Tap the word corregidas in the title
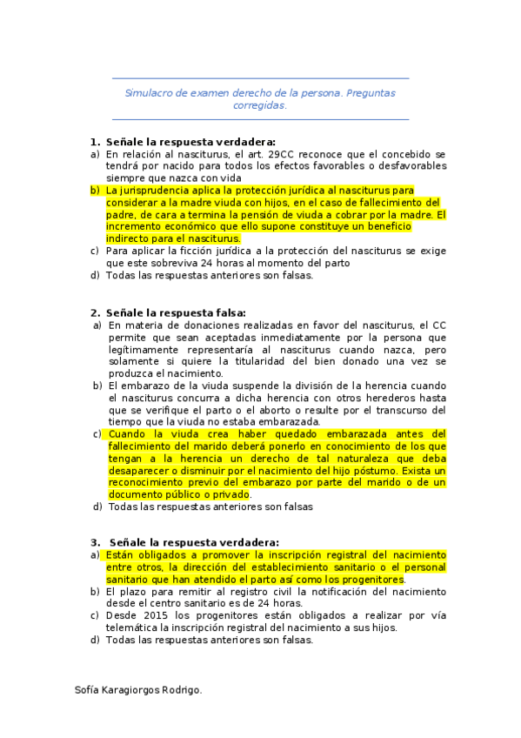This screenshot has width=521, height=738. pos(260,104)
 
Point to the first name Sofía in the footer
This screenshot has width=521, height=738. pos(89,690)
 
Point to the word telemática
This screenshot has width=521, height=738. pos(137,627)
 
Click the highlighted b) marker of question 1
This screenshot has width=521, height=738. pos(95,190)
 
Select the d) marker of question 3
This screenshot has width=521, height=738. pos(95,641)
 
